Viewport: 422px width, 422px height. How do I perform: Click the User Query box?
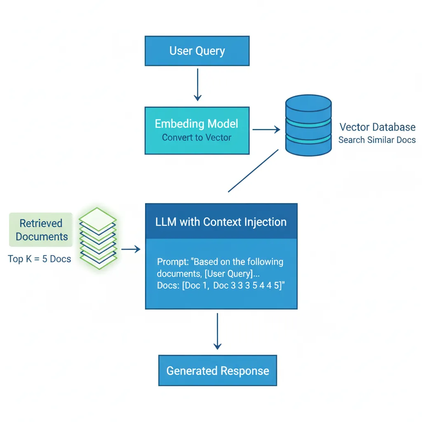pyautogui.click(x=197, y=51)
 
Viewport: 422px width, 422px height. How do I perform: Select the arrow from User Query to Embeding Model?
pyautogui.click(x=198, y=84)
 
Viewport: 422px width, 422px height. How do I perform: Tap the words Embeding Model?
pyautogui.click(x=197, y=124)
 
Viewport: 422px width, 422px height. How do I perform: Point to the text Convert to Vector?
pyautogui.click(x=197, y=138)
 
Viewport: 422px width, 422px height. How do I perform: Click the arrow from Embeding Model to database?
pyautogui.click(x=266, y=130)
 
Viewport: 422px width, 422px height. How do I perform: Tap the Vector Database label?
pyautogui.click(x=377, y=127)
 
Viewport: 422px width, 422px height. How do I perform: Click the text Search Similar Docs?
pyautogui.click(x=377, y=140)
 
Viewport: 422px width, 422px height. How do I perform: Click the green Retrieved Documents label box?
pyautogui.click(x=41, y=230)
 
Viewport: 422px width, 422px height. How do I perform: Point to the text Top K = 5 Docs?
pyautogui.click(x=40, y=259)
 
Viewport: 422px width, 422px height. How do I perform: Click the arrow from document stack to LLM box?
pyautogui.click(x=131, y=249)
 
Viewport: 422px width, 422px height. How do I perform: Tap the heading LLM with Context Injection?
pyautogui.click(x=221, y=222)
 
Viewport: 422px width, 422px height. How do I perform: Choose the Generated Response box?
pyautogui.click(x=218, y=370)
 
